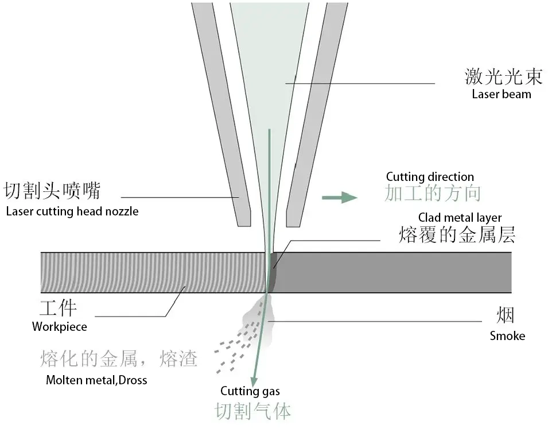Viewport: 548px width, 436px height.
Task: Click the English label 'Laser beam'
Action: [x=501, y=94]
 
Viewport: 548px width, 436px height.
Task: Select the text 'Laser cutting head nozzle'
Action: [x=72, y=211]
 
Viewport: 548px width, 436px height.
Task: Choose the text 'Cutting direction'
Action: [x=430, y=177]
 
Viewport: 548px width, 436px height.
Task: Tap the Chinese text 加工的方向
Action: [x=432, y=194]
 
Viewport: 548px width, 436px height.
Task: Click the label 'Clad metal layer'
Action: [x=460, y=218]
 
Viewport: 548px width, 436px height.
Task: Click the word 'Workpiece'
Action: [x=60, y=327]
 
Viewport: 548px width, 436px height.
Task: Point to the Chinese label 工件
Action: [x=58, y=308]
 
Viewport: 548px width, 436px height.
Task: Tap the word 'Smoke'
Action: [x=507, y=336]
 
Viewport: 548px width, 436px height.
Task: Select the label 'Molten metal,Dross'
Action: [x=96, y=380]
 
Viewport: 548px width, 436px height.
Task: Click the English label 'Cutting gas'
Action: [x=250, y=392]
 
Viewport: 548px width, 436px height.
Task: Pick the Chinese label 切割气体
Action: [x=253, y=411]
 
